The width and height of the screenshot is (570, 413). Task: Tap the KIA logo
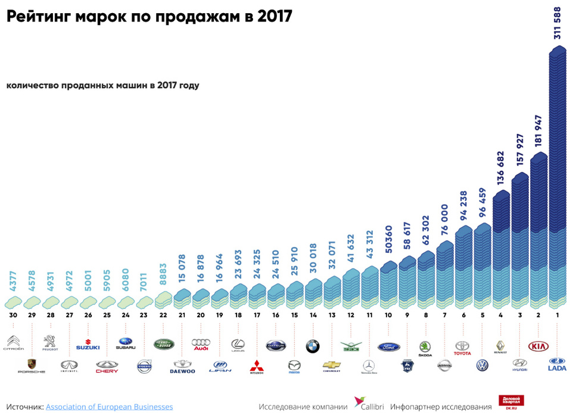[538, 346]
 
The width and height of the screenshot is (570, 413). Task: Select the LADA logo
[557, 364]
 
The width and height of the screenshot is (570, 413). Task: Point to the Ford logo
[388, 346]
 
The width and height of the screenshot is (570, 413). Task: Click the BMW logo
[313, 346]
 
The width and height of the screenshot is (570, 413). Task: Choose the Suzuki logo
[88, 346]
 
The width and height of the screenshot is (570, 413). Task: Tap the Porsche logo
[32, 365]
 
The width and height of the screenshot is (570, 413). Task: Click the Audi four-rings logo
[201, 345]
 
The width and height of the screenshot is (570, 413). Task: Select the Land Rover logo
[163, 344]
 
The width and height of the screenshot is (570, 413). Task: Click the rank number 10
[388, 314]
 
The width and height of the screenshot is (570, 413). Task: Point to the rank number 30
[13, 314]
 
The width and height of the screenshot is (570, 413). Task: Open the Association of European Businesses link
[109, 406]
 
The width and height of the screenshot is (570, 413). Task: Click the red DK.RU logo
[509, 402]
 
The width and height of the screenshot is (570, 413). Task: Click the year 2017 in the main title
[275, 16]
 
